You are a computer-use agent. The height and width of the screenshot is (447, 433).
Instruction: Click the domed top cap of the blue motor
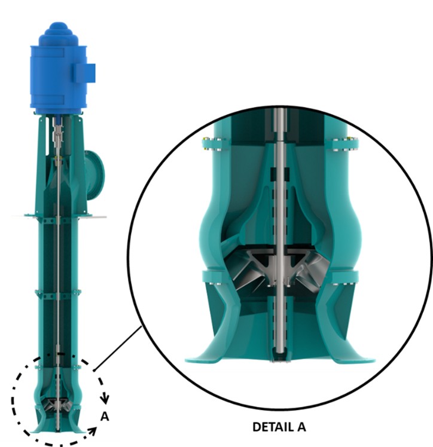[58, 30]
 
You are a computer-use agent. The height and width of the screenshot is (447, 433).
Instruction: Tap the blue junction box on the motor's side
[84, 73]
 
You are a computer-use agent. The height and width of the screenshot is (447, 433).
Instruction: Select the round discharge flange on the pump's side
[96, 171]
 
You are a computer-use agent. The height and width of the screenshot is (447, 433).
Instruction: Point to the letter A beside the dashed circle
[104, 417]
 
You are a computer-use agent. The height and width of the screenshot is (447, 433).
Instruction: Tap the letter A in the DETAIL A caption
[301, 427]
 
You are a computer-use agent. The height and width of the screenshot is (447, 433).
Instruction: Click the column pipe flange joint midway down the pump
[58, 292]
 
